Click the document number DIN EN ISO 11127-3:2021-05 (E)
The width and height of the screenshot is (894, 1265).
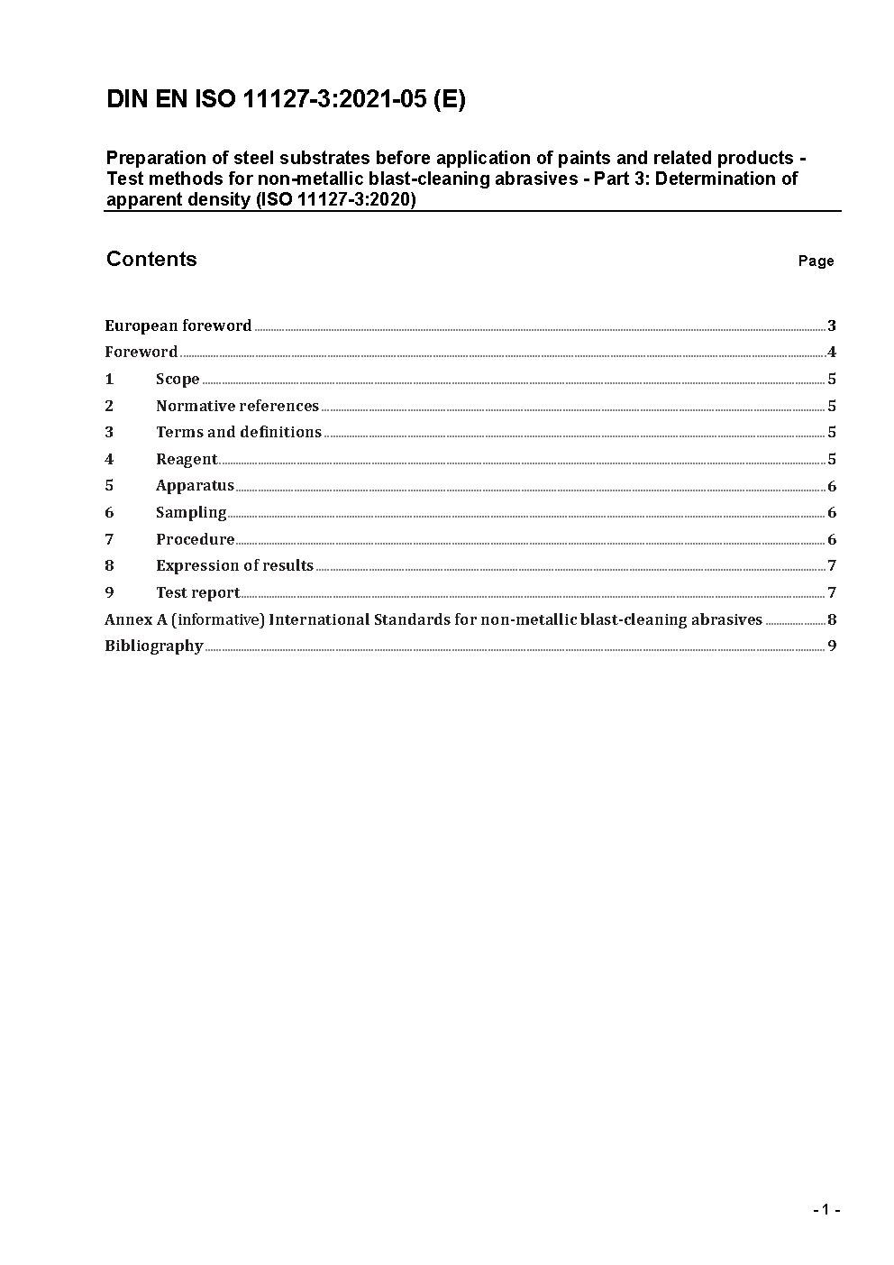pyautogui.click(x=286, y=100)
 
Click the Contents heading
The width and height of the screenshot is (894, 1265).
pyautogui.click(x=151, y=260)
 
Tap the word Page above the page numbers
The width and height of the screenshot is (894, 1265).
pyautogui.click(x=816, y=261)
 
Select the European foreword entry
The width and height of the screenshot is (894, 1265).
pyautogui.click(x=178, y=326)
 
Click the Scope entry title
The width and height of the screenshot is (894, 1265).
pyautogui.click(x=178, y=380)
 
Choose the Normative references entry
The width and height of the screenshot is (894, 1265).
pyautogui.click(x=237, y=407)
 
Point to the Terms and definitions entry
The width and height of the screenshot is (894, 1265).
pyautogui.click(x=238, y=433)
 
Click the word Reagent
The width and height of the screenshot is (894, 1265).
pyautogui.click(x=187, y=460)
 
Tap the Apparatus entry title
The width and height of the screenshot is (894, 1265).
pyautogui.click(x=195, y=486)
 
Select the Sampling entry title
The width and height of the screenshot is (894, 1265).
pyautogui.click(x=191, y=513)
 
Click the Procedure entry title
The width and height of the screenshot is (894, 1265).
pyautogui.click(x=195, y=540)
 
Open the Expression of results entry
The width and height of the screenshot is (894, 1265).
pyautogui.click(x=234, y=566)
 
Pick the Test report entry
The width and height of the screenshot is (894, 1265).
pyautogui.click(x=197, y=593)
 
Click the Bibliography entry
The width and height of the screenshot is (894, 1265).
pyautogui.click(x=153, y=646)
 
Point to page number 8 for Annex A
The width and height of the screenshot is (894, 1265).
pyautogui.click(x=832, y=620)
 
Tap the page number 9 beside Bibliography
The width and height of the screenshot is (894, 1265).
pyautogui.click(x=832, y=646)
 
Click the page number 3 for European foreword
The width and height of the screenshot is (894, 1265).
pyautogui.click(x=832, y=326)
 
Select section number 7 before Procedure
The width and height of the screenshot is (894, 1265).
pyautogui.click(x=109, y=540)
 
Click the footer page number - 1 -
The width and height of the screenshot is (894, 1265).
pyautogui.click(x=826, y=1210)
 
